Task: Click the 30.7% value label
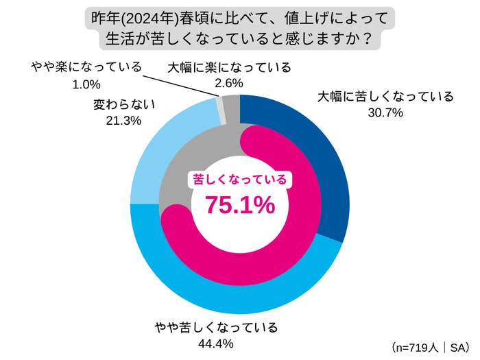coord(385,113)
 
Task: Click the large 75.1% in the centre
coord(239,205)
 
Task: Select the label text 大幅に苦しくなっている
coord(385,97)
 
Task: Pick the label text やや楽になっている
coord(86,67)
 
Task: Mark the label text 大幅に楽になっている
coord(229,67)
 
